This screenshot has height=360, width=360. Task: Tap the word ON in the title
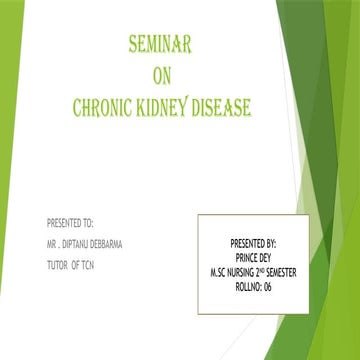162,77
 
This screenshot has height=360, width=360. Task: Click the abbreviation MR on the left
52,243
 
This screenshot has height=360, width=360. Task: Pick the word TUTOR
59,265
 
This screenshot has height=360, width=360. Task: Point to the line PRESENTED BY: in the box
254,243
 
